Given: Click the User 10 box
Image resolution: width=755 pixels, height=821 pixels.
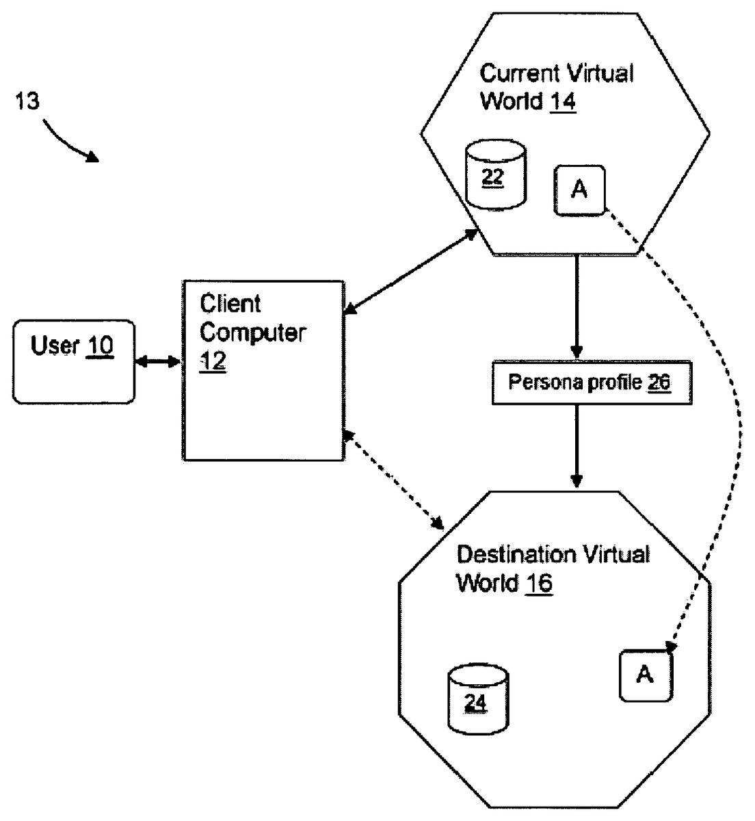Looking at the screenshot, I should [73, 360].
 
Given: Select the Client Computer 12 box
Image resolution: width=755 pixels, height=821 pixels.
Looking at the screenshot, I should [263, 369].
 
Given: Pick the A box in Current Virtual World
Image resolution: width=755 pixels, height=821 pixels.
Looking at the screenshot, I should [579, 190].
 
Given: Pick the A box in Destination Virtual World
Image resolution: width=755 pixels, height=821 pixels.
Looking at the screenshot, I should [646, 675].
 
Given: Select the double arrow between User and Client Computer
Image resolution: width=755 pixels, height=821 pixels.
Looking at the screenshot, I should [157, 361].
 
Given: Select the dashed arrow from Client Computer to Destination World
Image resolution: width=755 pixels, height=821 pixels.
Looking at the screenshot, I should [394, 480].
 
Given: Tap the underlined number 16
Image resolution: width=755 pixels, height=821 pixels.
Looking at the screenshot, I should [539, 584].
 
